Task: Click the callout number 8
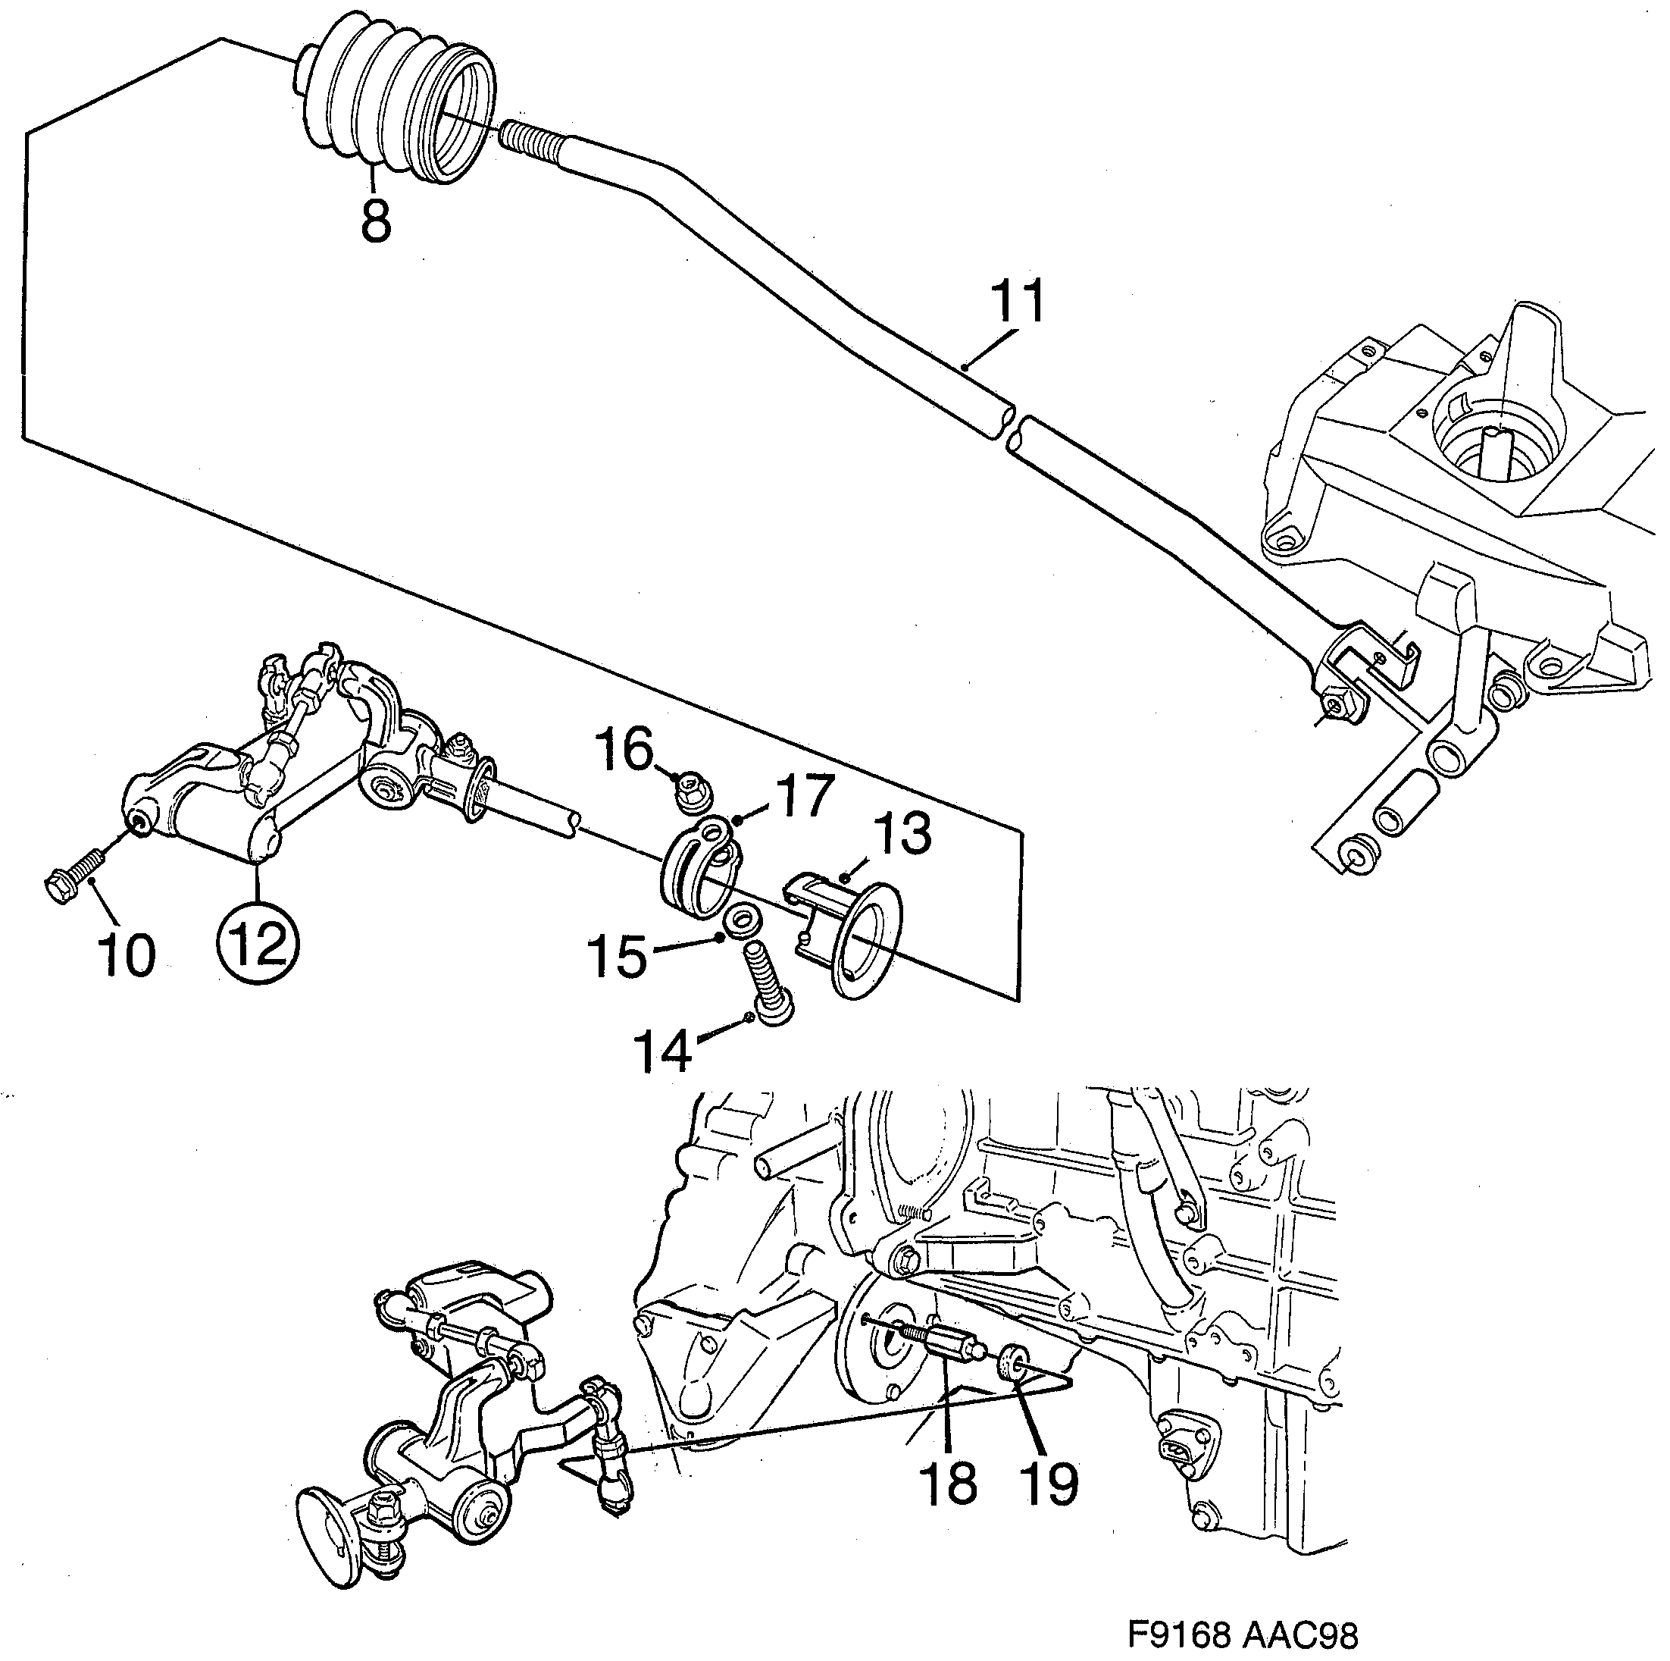[x=376, y=221]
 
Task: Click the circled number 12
[x=258, y=944]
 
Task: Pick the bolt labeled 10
[x=72, y=874]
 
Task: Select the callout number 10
[x=127, y=956]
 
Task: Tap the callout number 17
[x=804, y=795]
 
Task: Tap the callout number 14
[x=663, y=1052]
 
